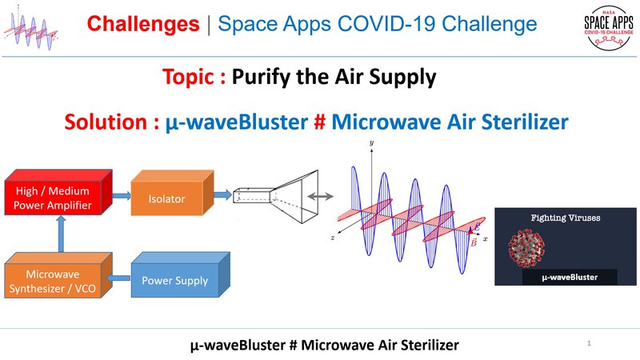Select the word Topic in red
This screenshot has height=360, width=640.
(x=192, y=78)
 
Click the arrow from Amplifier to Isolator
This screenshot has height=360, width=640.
(x=121, y=195)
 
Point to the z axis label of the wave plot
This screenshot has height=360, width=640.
(x=332, y=238)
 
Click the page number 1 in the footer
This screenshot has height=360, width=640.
(x=589, y=342)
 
